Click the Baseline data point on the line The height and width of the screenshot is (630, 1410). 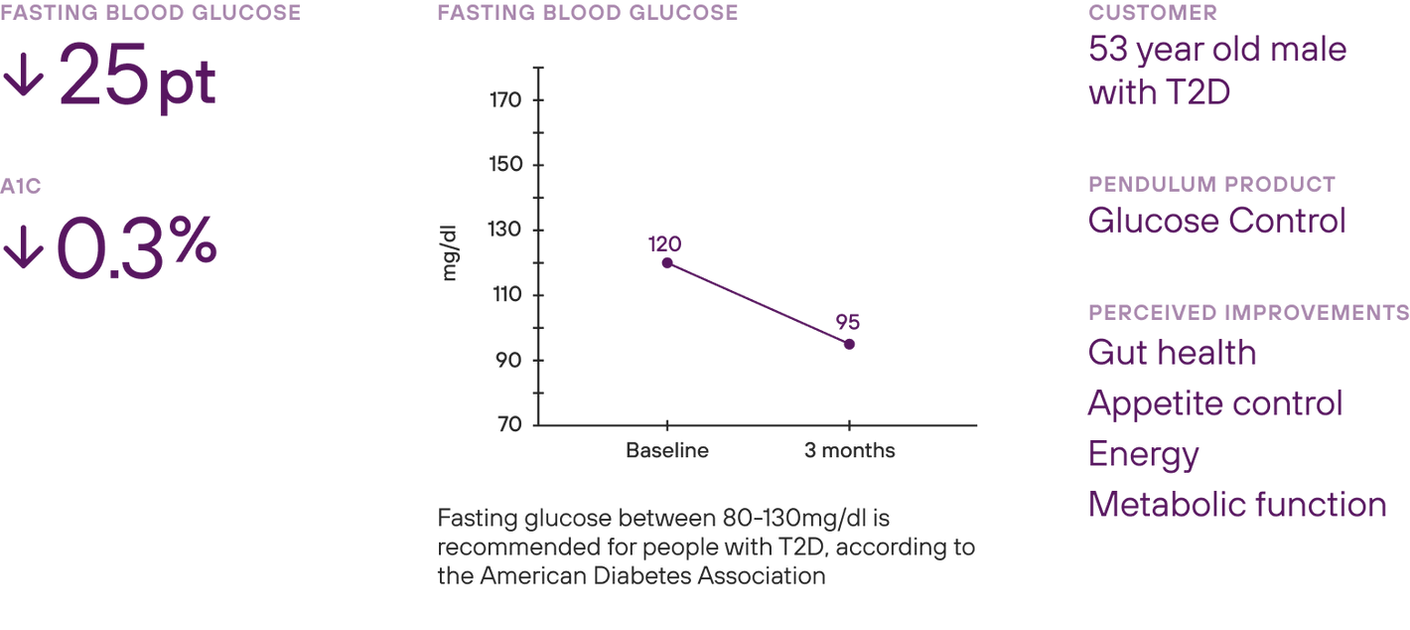pos(667,263)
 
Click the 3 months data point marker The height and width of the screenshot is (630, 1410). pos(849,344)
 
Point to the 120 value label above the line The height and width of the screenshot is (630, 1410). pos(665,243)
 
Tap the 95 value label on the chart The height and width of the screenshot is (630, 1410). pos(847,323)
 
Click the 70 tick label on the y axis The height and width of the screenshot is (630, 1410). pos(509,424)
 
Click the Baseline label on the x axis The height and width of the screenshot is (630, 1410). pos(667,451)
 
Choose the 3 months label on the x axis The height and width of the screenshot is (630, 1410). pos(849,451)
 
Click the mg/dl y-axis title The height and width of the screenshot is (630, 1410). pos(449,255)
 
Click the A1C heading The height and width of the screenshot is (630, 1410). pos(21,187)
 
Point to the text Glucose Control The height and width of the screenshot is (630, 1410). pos(1216,221)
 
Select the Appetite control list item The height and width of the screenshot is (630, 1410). pos(1214,404)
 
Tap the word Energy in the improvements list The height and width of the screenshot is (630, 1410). pos(1143,455)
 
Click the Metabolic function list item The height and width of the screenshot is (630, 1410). pos(1236,505)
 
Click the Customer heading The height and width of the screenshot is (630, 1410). pos(1153,13)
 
